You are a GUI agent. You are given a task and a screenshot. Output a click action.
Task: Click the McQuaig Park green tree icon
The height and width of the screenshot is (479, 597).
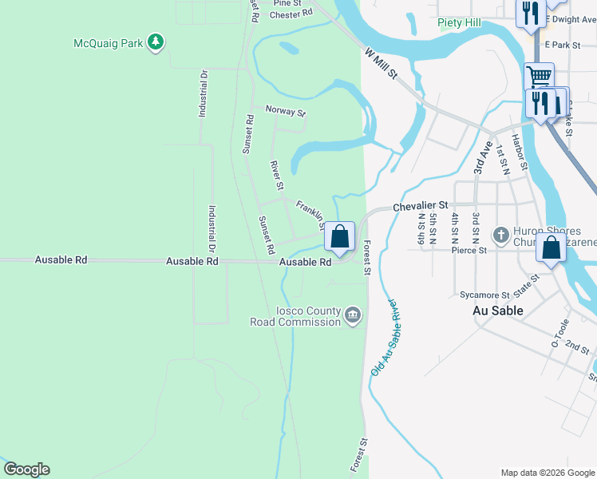coord(156,42)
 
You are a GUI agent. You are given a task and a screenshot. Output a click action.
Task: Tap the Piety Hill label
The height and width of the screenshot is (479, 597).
coord(459,23)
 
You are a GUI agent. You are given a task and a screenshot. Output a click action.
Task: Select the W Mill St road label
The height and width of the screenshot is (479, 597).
coord(381,64)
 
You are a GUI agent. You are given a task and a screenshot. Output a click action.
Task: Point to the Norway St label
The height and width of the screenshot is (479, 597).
coord(285,112)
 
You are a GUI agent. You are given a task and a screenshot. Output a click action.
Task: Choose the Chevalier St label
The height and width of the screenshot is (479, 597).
coord(421,207)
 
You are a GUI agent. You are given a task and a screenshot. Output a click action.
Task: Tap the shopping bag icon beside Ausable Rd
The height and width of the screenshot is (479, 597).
coord(340,237)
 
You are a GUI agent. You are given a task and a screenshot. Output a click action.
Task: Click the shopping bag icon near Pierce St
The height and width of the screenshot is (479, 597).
coord(551,247)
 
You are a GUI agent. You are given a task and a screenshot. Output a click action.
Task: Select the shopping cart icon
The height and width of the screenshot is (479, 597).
coord(540,77)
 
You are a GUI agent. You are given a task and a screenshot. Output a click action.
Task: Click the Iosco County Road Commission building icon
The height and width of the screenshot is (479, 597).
coord(352,317)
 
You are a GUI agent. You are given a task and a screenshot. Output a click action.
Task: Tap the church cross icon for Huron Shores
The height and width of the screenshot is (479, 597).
coord(500,235)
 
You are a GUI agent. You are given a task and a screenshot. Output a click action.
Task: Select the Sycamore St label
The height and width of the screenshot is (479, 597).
coord(484,295)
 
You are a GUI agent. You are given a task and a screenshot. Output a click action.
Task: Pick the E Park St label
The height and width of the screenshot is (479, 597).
coord(562,46)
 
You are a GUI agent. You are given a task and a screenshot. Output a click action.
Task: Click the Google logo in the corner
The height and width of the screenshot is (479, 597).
coord(26,469)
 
